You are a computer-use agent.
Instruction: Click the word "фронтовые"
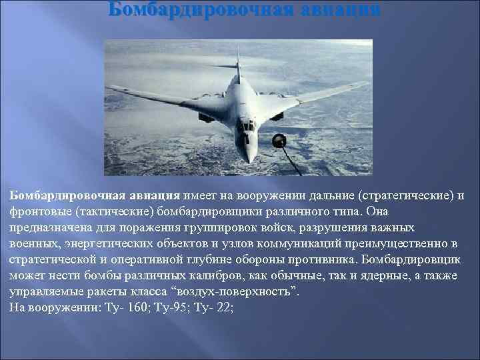pyautogui.click(x=39, y=211)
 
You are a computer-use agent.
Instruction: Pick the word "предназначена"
pyautogui.click(x=48, y=227)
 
